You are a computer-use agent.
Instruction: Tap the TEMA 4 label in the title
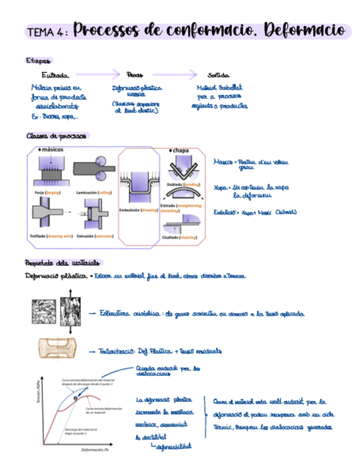point(46,32)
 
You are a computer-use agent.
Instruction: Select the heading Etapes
point(38,60)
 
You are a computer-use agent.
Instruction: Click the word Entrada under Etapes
point(55,75)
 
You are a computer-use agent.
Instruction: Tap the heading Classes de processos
point(58,135)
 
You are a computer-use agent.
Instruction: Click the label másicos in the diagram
point(52,149)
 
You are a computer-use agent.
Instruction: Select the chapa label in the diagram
point(180,150)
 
